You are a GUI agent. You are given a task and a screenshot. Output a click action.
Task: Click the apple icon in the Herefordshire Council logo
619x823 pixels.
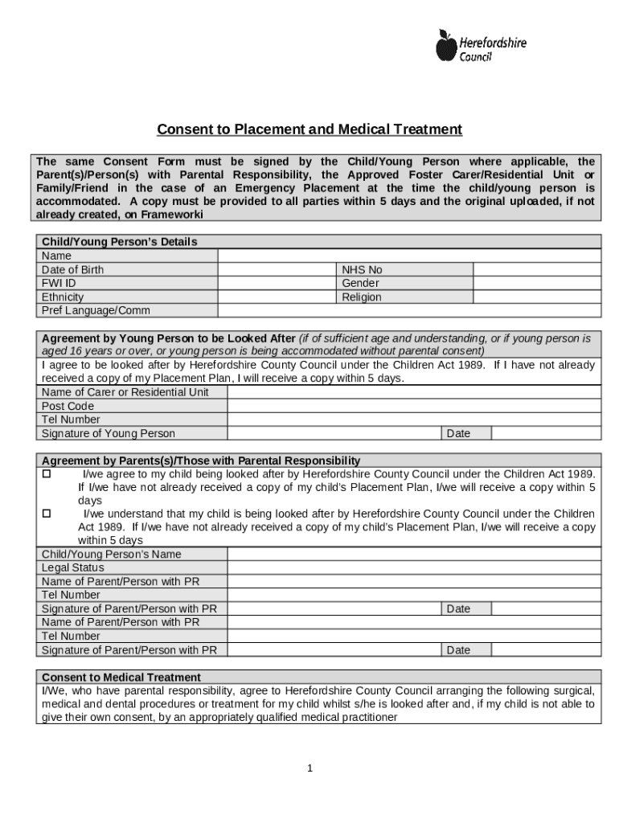click(x=445, y=46)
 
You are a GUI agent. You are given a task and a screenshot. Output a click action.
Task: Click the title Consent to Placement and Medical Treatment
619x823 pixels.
click(x=309, y=129)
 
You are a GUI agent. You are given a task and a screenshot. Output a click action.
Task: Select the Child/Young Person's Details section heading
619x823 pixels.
click(x=119, y=242)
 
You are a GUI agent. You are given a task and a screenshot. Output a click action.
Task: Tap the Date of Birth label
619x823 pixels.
click(x=72, y=270)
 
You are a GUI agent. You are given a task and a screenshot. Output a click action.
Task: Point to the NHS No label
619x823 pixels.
click(x=362, y=270)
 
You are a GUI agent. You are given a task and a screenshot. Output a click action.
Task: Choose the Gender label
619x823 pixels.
click(x=360, y=284)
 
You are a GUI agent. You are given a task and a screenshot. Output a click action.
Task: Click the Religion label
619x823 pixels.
click(x=362, y=297)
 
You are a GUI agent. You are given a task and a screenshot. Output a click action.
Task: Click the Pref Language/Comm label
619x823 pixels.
click(x=96, y=311)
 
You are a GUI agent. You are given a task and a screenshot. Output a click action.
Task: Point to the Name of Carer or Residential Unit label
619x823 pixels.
click(x=125, y=392)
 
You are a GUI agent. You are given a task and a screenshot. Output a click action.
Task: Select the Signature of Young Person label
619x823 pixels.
click(x=108, y=434)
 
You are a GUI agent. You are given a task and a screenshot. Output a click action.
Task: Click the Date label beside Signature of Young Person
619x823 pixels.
click(x=458, y=434)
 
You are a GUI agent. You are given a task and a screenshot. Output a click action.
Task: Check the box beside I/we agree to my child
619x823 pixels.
click(x=46, y=474)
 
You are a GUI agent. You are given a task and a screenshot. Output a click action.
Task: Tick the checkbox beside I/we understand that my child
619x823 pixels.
click(x=46, y=514)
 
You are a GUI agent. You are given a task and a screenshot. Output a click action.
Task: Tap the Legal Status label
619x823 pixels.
click(x=72, y=568)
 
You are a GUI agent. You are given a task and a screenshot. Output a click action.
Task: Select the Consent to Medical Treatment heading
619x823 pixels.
click(x=121, y=678)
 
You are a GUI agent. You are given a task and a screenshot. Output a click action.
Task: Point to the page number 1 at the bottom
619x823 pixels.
click(x=309, y=768)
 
